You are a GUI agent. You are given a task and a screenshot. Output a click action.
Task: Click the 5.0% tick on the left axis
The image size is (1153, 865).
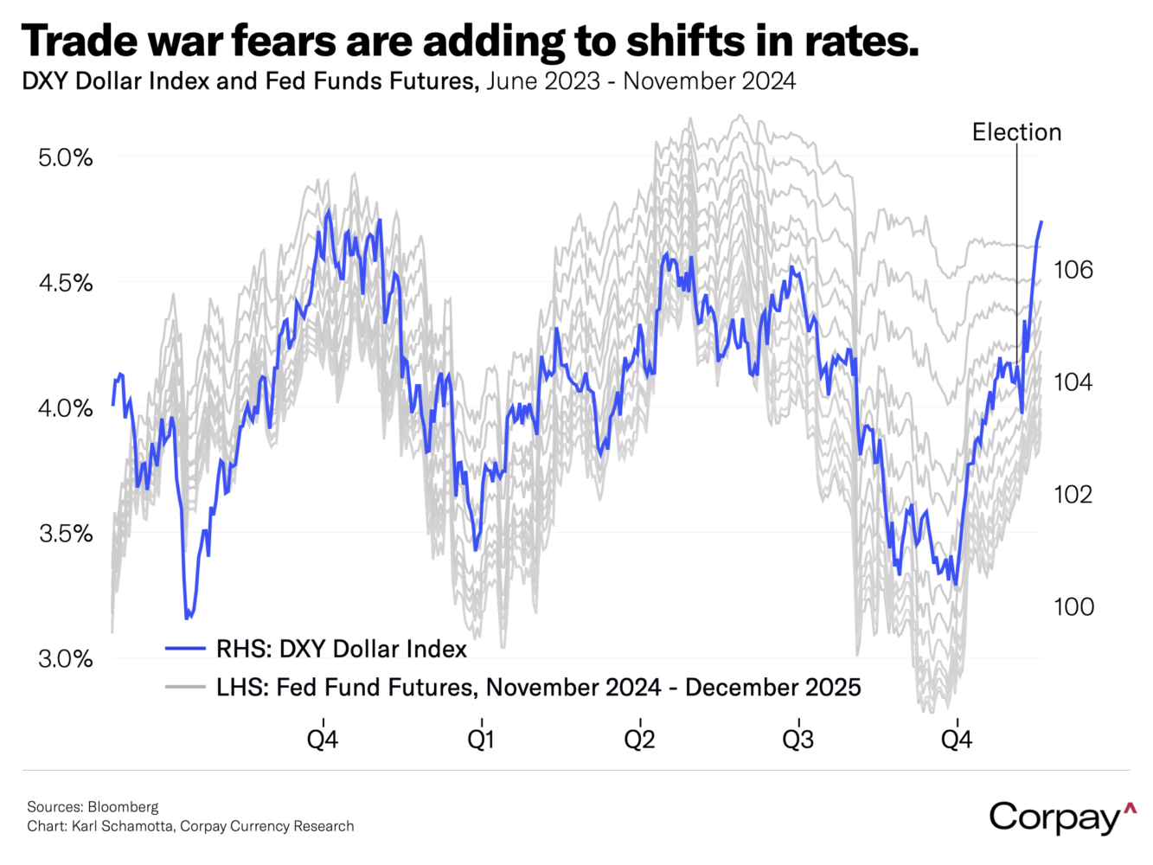tap(65, 158)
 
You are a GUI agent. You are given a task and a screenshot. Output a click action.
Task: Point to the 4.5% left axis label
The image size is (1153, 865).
tap(65, 284)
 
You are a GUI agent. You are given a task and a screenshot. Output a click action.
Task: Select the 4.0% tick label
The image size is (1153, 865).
tap(65, 408)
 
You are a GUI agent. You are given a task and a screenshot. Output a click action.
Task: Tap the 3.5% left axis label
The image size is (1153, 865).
tap(65, 534)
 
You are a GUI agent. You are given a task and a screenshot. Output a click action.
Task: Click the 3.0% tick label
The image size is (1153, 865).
tap(65, 659)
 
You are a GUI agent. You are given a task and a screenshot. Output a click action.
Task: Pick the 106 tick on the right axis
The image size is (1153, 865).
tap(1073, 270)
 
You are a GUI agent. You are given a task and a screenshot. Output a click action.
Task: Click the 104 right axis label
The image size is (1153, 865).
tap(1073, 382)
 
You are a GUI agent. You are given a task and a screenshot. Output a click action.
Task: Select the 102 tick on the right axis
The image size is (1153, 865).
tap(1073, 495)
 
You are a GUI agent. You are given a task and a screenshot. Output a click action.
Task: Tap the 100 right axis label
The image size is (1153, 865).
tap(1073, 607)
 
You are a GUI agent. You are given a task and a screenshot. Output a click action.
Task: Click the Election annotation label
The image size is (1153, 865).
tap(1016, 132)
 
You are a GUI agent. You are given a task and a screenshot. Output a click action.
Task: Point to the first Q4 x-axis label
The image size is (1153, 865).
tap(323, 740)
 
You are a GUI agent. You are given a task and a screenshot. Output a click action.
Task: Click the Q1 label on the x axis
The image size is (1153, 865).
tap(481, 740)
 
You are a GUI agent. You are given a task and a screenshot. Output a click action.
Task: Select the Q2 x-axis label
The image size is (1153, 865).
tap(640, 740)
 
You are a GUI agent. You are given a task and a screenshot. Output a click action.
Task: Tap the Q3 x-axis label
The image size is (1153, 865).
tap(798, 740)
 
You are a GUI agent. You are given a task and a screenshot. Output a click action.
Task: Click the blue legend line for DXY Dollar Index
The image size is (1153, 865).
tap(185, 649)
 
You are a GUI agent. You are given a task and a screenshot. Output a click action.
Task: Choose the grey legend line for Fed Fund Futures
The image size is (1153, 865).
tap(185, 688)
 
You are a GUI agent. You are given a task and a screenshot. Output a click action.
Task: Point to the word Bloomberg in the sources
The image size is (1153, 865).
tap(123, 807)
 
